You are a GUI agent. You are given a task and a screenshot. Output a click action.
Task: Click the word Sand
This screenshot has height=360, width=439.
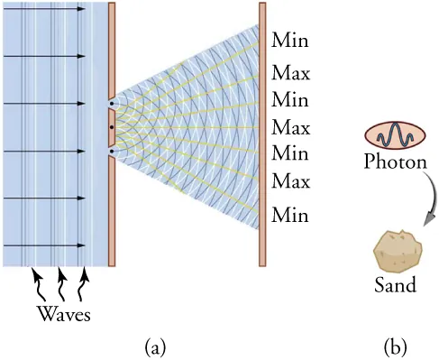point(395,286)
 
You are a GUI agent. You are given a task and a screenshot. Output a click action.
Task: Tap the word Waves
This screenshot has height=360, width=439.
point(63,314)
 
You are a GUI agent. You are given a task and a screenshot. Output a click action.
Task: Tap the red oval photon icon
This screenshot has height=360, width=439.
point(394,135)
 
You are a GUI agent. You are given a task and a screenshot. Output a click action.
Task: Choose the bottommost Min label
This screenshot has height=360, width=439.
point(289,216)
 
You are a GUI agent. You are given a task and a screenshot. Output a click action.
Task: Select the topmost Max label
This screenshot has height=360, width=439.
point(290,71)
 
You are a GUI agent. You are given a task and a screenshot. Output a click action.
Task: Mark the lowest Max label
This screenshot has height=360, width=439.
point(290,182)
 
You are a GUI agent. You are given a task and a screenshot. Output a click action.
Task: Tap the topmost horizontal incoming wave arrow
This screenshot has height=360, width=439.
point(45,9)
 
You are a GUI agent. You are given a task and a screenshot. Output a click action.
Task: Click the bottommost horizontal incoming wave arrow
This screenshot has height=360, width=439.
point(45,245)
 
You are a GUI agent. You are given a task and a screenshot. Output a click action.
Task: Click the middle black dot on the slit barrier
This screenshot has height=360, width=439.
point(111,127)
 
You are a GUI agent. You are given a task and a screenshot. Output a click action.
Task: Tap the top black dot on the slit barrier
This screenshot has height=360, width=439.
point(111,104)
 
